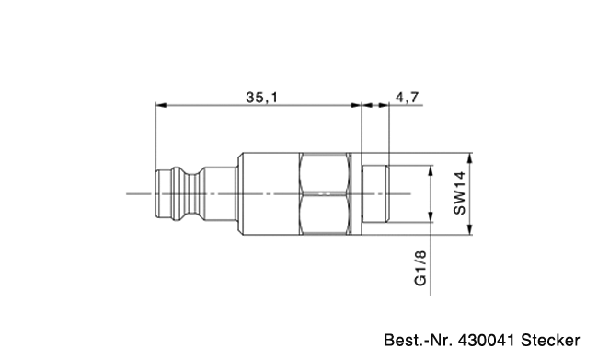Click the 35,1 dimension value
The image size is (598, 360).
pyautogui.click(x=262, y=98)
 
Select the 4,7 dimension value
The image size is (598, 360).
pyautogui.click(x=407, y=98)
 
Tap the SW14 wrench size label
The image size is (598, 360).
pyautogui.click(x=460, y=193)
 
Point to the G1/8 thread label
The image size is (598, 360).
pyautogui.click(x=420, y=268)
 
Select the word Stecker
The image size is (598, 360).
pyautogui.click(x=550, y=340)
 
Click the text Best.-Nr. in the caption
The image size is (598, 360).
pyautogui.click(x=419, y=340)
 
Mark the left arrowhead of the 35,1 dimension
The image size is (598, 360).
pyautogui.click(x=161, y=105)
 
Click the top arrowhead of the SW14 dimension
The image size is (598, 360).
pyautogui.click(x=470, y=158)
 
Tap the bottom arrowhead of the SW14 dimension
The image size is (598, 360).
pyautogui.click(x=470, y=229)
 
